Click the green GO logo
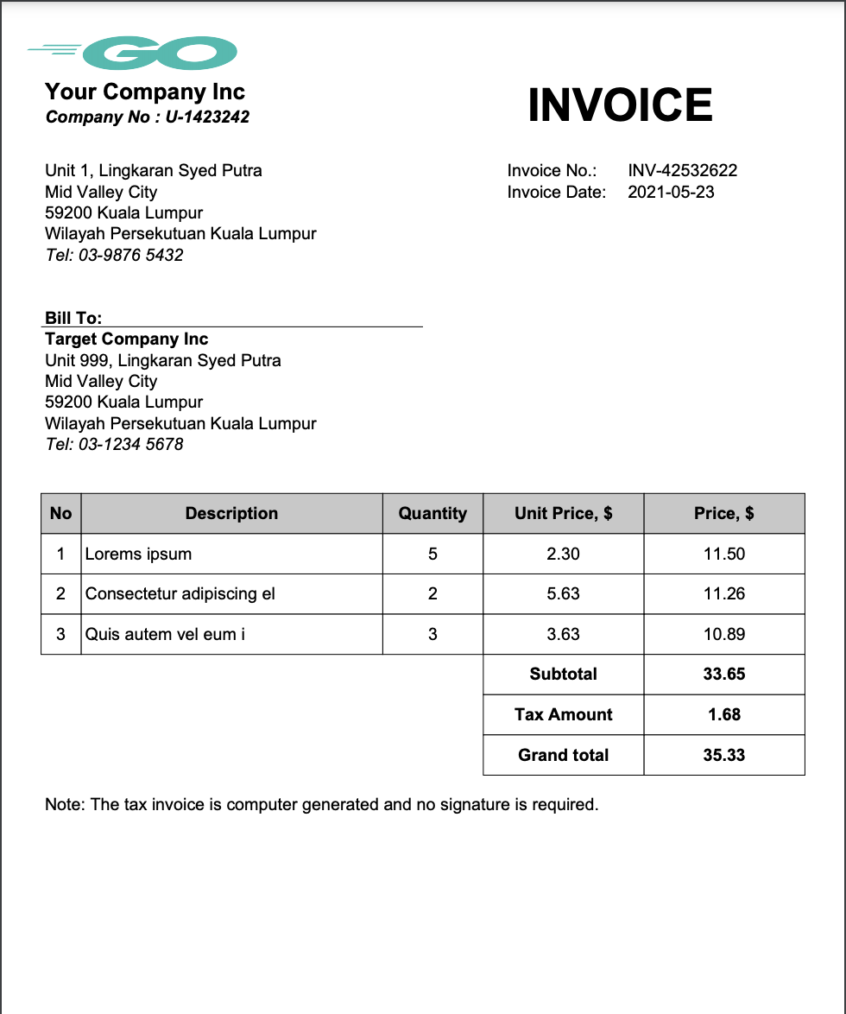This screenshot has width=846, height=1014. [x=161, y=54]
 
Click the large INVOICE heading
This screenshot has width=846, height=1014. [x=620, y=105]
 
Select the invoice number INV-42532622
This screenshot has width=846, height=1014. [x=682, y=170]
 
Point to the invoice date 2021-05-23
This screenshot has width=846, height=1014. [x=671, y=192]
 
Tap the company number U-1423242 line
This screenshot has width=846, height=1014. [x=148, y=117]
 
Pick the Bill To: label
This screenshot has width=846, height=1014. [x=73, y=318]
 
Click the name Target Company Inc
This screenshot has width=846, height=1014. [x=127, y=339]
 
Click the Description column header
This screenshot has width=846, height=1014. [x=231, y=513]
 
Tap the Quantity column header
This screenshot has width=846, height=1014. [x=432, y=513]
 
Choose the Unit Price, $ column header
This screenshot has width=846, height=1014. [x=564, y=513]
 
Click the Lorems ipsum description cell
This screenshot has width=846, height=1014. [x=139, y=554]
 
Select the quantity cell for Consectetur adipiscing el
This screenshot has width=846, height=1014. [x=432, y=593]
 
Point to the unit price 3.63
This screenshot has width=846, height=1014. [x=564, y=634]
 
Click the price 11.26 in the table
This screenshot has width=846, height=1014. [x=724, y=593]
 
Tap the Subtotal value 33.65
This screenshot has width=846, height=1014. [x=724, y=674]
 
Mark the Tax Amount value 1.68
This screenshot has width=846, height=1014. [x=724, y=714]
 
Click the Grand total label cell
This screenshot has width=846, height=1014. [x=564, y=755]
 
